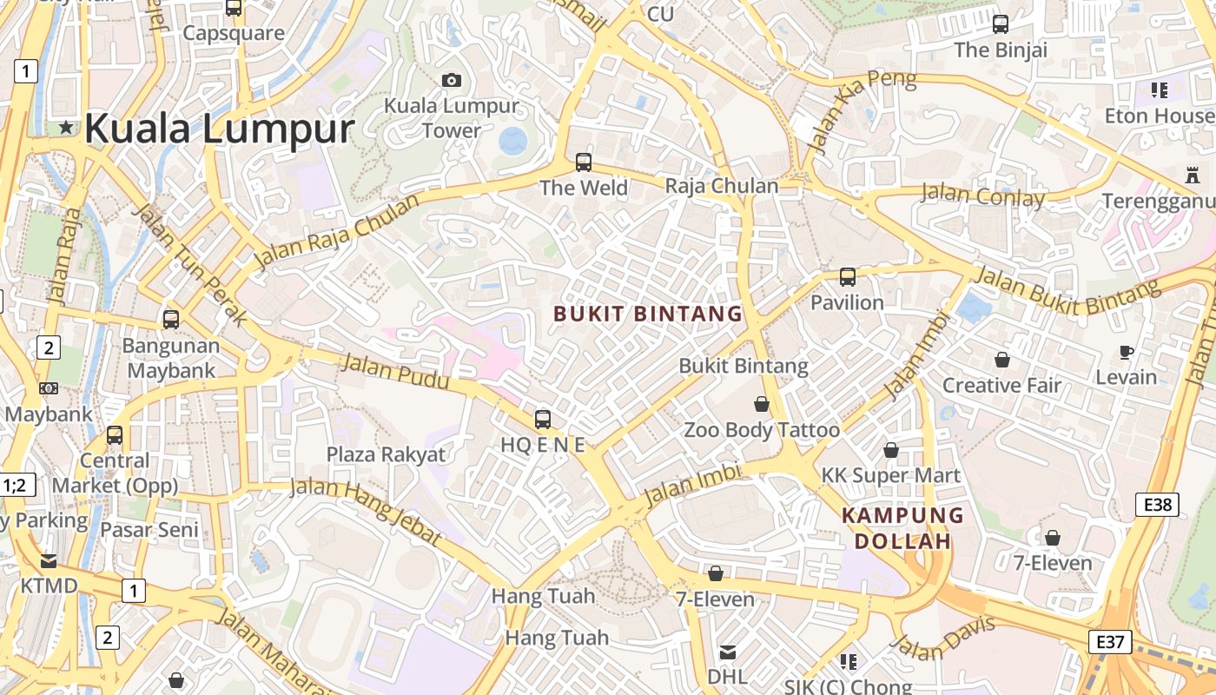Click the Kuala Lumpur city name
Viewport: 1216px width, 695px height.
pos(219,129)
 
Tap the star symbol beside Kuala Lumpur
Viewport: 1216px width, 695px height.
pos(66,128)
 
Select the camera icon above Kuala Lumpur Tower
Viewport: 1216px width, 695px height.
pos(452,81)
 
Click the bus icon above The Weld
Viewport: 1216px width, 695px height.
pos(584,162)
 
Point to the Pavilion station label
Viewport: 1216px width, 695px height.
pos(847,302)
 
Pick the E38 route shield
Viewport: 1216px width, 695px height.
pos(1157,505)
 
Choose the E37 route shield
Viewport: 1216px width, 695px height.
pos(1110,642)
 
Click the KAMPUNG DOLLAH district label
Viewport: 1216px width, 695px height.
pos(903,528)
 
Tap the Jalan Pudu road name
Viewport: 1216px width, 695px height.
pos(395,372)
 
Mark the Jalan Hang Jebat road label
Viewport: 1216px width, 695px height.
pos(366,510)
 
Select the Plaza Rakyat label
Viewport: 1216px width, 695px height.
pos(386,454)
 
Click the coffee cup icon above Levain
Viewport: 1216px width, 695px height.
pos(1127,352)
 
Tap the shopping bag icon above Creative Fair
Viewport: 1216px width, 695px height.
pos(1002,360)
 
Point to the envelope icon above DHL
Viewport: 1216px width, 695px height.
pos(728,652)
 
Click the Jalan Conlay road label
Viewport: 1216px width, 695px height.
pos(982,195)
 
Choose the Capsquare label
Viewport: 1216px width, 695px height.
pos(234,33)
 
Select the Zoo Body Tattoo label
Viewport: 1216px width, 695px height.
pos(762,430)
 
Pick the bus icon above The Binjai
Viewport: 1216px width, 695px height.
pos(1001,24)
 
